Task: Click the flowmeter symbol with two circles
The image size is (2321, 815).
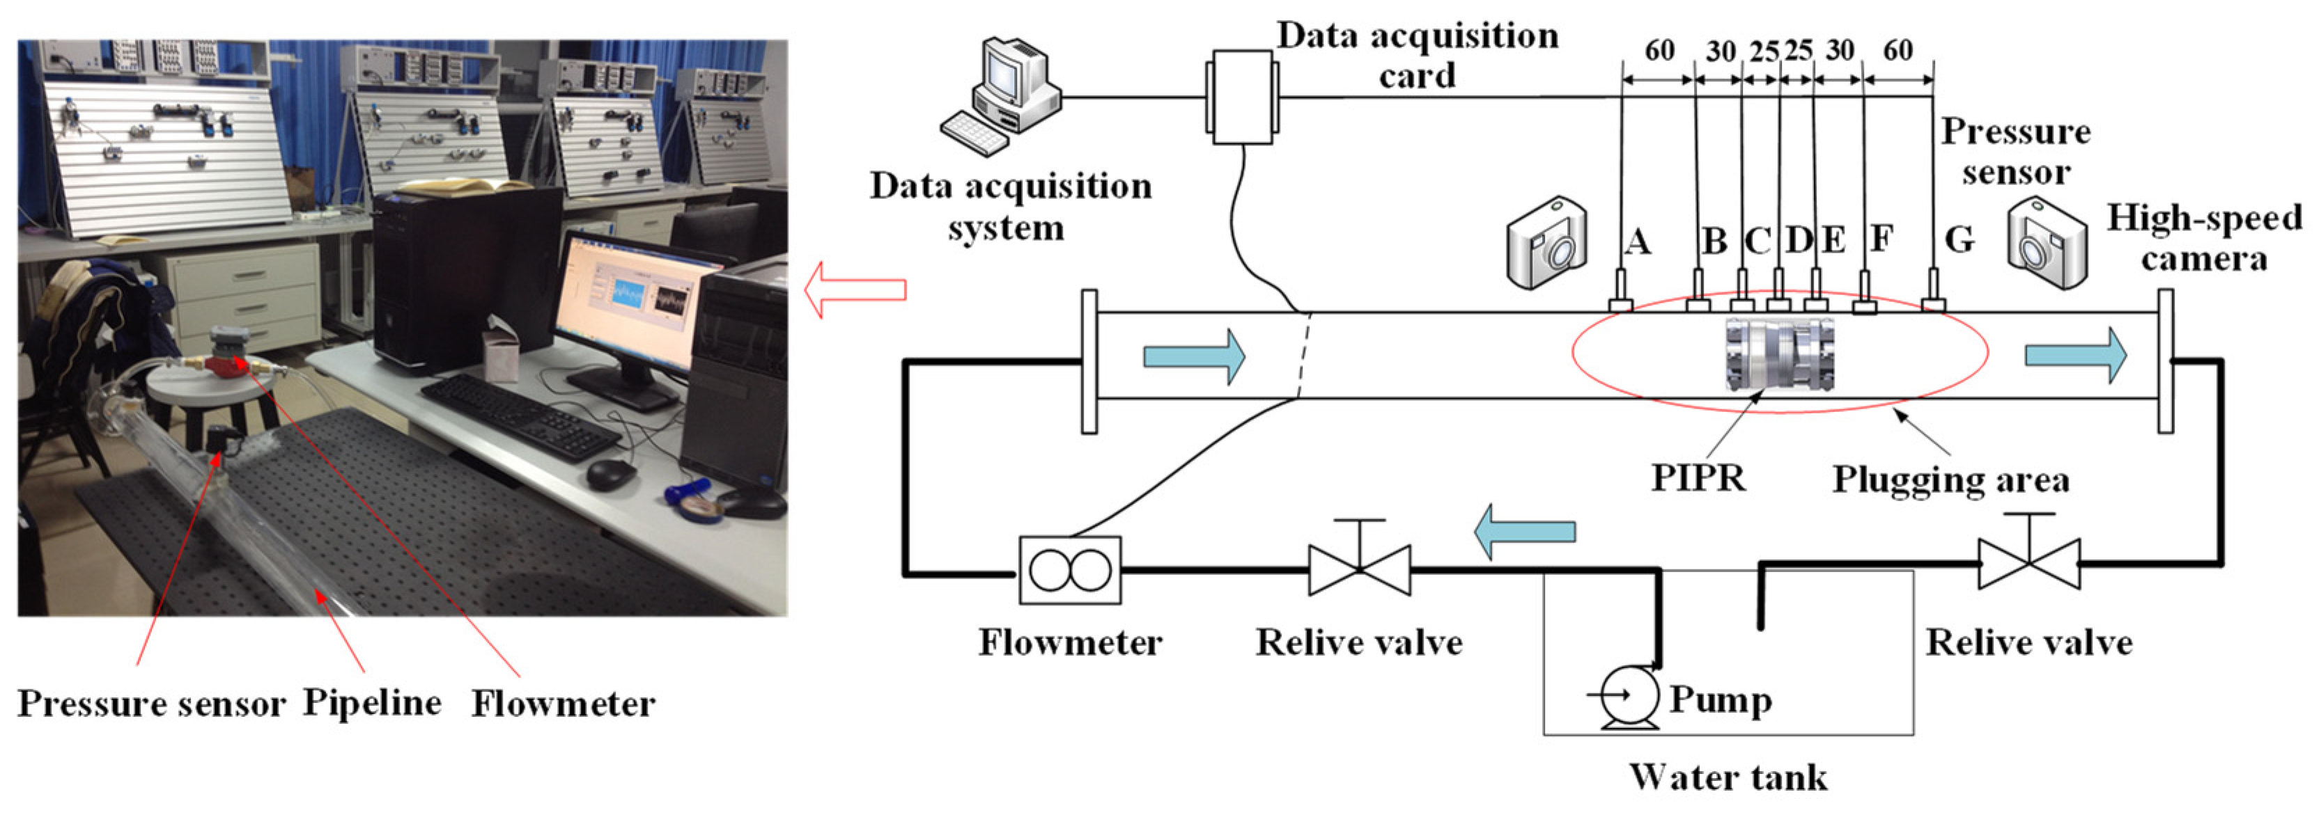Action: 1069,571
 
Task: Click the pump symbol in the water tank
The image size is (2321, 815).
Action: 1629,696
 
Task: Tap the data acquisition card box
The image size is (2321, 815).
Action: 1241,96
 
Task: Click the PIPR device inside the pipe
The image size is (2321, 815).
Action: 1778,354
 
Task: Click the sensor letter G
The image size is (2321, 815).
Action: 1959,239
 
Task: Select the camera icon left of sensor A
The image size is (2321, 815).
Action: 1547,243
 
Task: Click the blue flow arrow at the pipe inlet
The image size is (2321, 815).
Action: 1194,356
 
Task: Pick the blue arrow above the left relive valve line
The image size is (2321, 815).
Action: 1525,531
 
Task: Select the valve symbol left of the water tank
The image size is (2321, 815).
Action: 1359,570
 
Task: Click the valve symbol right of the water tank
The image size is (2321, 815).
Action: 2029,564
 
